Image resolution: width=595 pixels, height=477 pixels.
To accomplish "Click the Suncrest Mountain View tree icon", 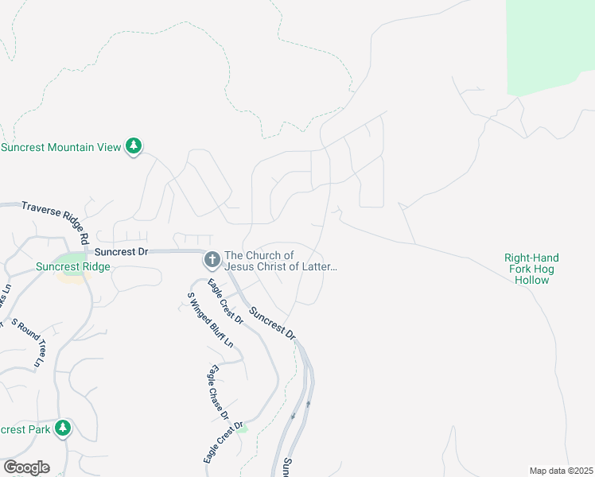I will (135, 146).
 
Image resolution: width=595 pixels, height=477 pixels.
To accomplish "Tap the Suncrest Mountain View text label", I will (61, 147).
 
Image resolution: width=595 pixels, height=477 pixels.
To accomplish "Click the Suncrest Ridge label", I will (72, 267).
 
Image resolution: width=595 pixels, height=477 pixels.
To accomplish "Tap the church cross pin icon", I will (212, 259).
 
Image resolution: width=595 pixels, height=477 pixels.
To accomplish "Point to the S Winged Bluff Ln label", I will (210, 320).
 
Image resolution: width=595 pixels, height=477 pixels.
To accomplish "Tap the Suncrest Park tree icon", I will (63, 429).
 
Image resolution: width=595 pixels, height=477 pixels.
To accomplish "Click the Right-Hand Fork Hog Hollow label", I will (531, 269).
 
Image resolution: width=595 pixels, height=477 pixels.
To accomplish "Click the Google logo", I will (26, 467).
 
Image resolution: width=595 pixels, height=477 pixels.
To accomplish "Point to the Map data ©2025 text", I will (560, 471).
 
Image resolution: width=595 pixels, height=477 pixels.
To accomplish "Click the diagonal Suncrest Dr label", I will (273, 324).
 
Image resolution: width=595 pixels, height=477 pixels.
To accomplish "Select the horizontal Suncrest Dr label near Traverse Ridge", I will (122, 251).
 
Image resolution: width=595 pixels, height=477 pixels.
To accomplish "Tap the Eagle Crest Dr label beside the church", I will (225, 300).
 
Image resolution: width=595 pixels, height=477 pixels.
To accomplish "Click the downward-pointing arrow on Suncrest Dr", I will (294, 415).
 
